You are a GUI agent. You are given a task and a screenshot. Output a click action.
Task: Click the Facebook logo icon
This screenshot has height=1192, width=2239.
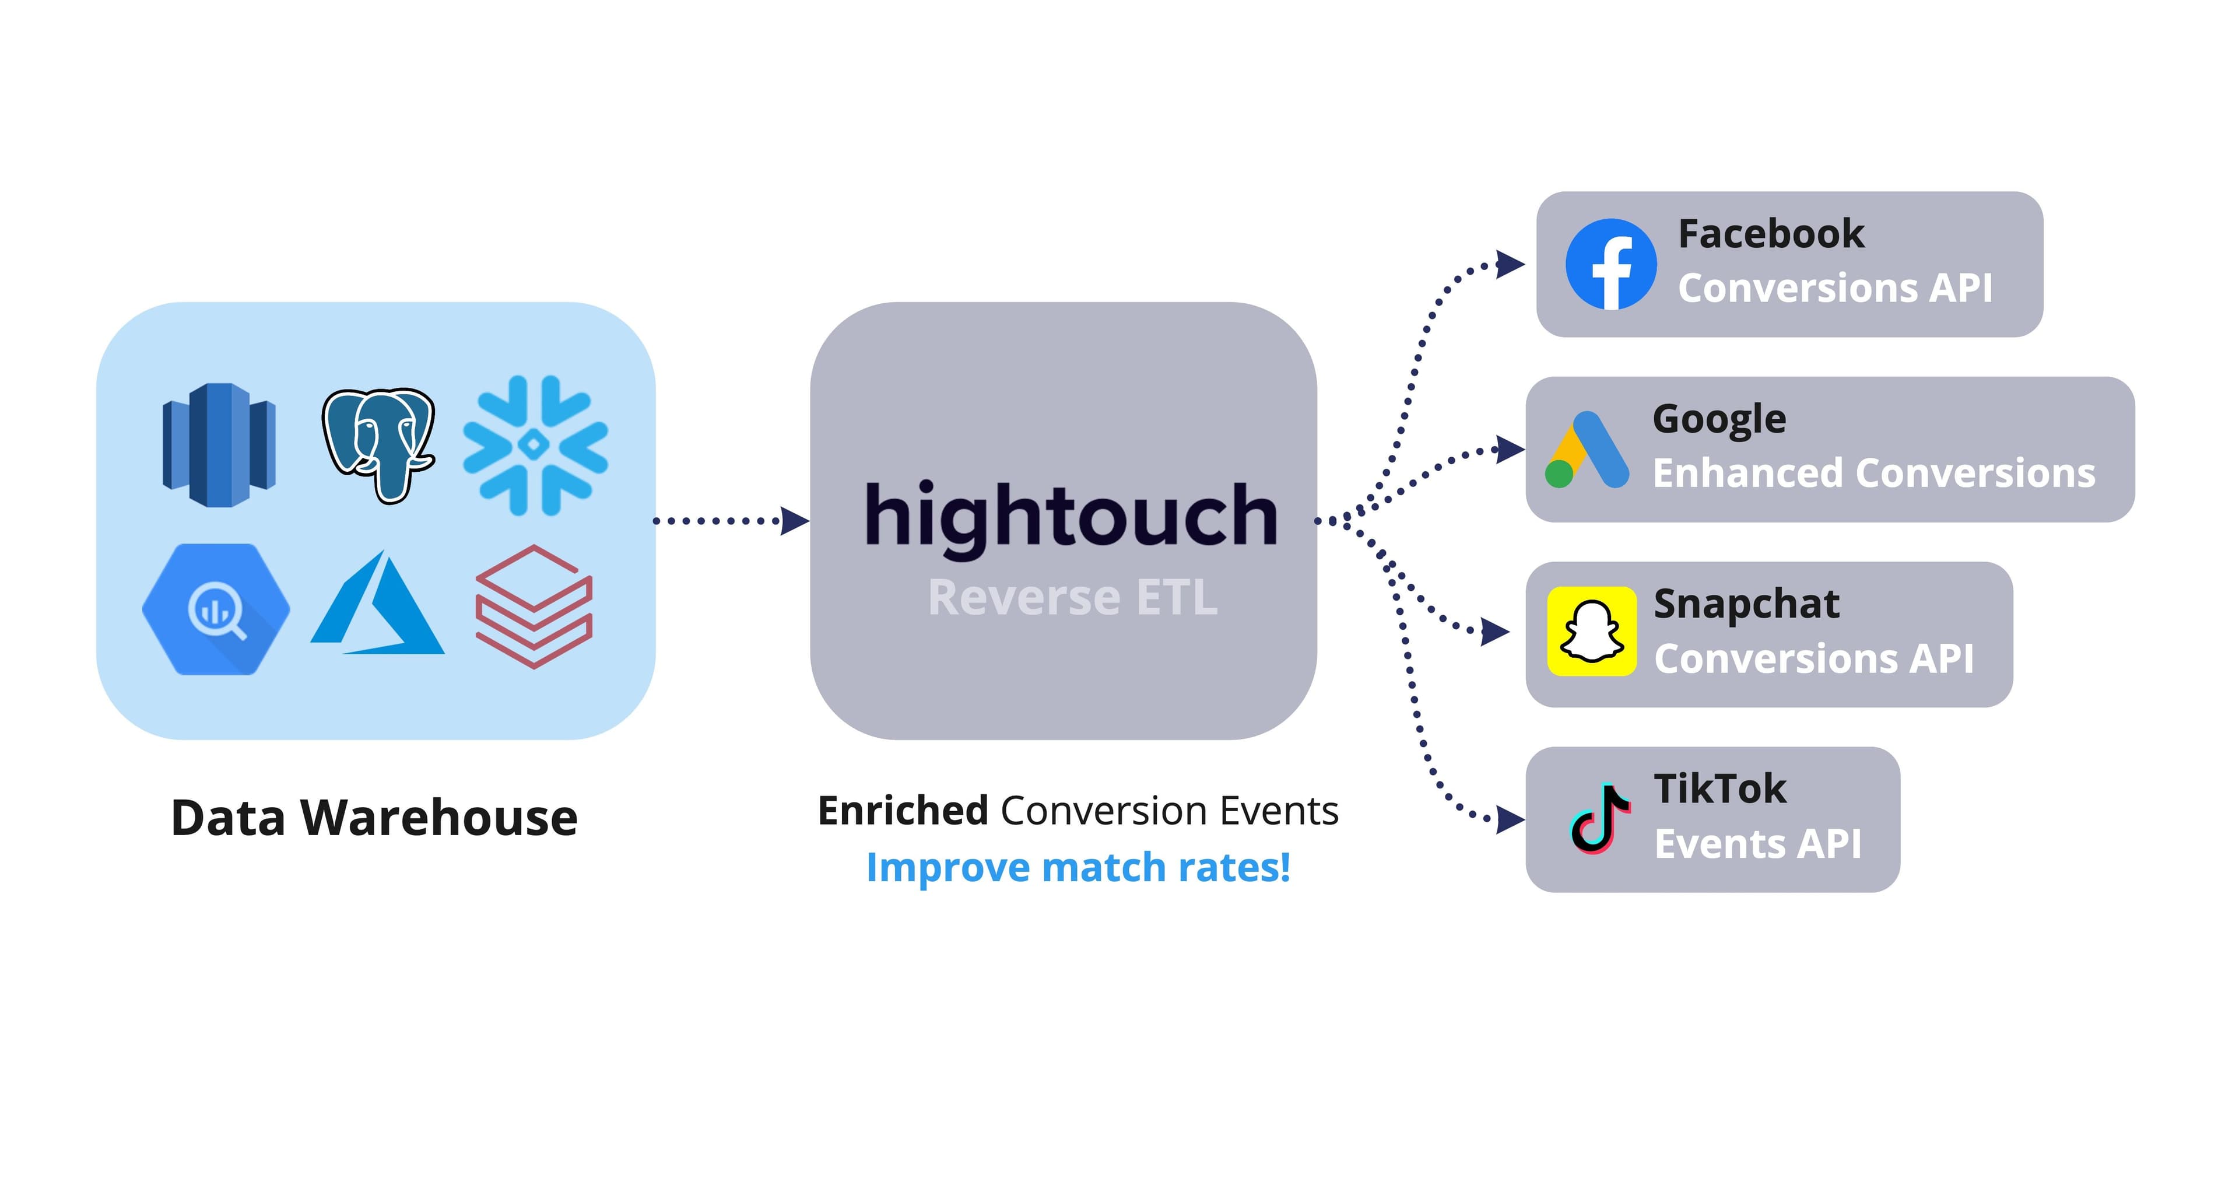(x=1610, y=264)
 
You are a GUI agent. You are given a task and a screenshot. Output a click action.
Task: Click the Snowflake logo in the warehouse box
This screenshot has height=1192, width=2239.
(x=535, y=445)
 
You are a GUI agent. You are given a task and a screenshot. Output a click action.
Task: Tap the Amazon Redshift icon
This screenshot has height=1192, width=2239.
(x=219, y=444)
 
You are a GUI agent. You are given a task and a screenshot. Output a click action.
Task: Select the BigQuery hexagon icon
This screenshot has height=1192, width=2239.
(x=216, y=609)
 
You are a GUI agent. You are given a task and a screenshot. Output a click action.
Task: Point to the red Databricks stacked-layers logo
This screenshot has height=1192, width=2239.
(x=534, y=607)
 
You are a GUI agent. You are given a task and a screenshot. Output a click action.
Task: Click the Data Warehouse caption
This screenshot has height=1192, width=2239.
(x=374, y=818)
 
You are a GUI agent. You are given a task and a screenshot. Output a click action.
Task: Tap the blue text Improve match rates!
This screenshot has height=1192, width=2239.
(x=1078, y=868)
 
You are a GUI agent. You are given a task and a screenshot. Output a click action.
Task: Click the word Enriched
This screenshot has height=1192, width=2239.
(x=903, y=811)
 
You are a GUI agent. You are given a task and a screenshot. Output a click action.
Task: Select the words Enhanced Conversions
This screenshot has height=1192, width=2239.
(x=1874, y=474)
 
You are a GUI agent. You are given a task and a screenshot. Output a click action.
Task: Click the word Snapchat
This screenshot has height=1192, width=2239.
(x=1746, y=604)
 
